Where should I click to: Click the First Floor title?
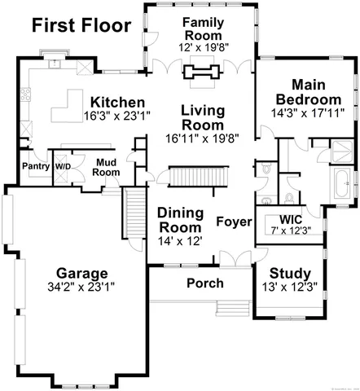[81, 25]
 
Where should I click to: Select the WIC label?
[291, 219]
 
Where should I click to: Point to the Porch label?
[204, 283]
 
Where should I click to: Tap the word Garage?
[82, 273]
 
